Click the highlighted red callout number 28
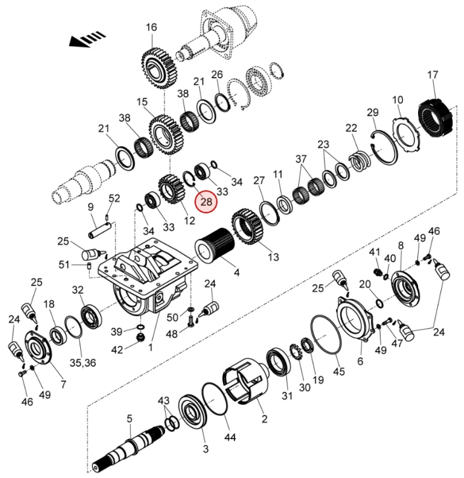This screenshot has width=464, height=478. point(207,202)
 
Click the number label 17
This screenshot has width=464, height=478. point(433,76)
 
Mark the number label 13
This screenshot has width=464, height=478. point(273,257)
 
